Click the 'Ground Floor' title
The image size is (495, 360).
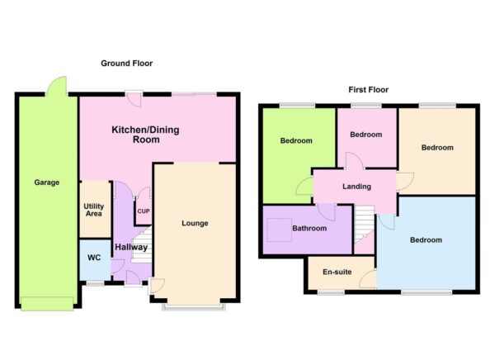coord(126,64)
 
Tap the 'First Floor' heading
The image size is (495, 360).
coord(367,90)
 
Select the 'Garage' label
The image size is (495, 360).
coord(46,182)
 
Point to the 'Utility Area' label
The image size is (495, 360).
coord(94,210)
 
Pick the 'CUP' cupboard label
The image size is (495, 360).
coord(144,211)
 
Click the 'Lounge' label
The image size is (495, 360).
coord(195,224)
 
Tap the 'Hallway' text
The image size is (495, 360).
coord(130,247)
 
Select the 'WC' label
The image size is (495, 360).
coord(94,258)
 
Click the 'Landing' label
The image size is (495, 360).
coord(357,187)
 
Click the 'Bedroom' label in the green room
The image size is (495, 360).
coord(296,141)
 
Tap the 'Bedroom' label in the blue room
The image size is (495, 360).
coord(425,240)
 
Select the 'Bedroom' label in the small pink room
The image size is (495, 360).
coord(365,135)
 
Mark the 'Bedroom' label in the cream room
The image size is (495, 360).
coord(437,148)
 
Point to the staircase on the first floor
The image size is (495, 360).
coord(364,223)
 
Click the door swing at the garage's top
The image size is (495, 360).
coord(57,85)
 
